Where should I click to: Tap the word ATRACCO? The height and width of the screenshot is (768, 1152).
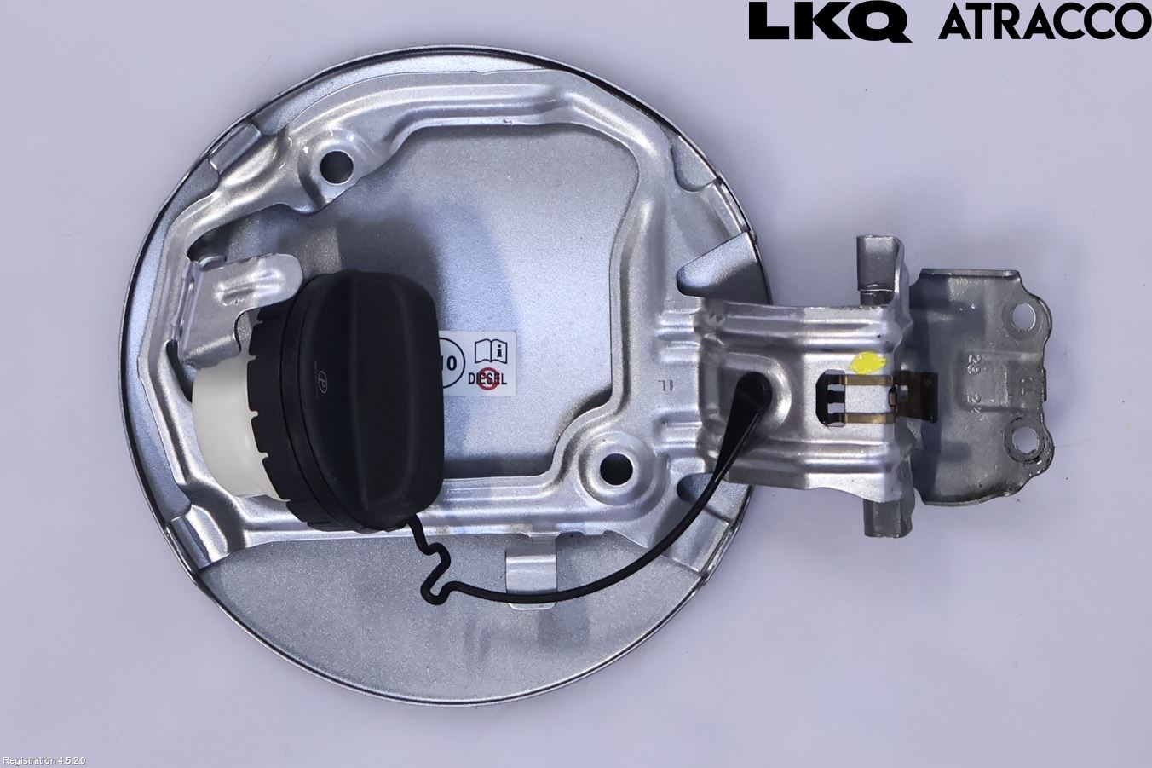1044,23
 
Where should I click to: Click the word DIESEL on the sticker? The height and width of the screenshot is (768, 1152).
487,381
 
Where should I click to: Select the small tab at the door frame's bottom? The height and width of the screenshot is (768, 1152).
529,569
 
